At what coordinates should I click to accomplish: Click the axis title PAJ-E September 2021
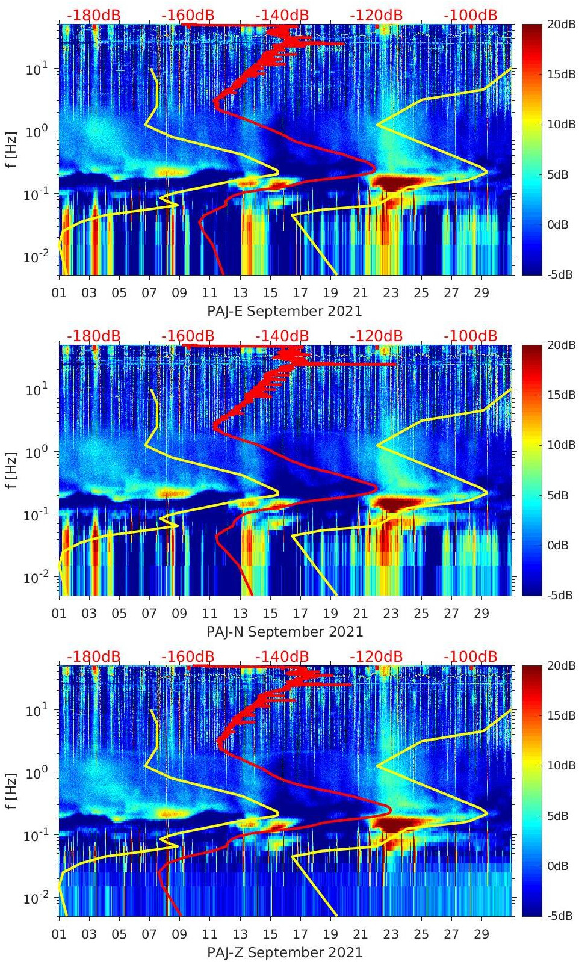[x=285, y=311]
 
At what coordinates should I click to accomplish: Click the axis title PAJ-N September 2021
[x=285, y=632]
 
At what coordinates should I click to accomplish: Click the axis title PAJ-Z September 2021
[x=285, y=952]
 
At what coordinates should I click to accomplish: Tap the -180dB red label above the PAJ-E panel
[x=93, y=15]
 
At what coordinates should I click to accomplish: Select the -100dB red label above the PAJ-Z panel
[x=470, y=656]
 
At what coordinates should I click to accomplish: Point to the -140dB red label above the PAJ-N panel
[x=282, y=336]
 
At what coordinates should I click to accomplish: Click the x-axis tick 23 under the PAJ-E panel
[x=391, y=293]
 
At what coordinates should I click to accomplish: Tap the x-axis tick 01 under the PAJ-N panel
[x=59, y=614]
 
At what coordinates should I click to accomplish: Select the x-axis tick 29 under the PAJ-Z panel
[x=481, y=934]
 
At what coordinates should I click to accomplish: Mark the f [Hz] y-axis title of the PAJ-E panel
[x=10, y=150]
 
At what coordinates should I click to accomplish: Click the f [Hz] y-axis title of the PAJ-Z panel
[x=10, y=791]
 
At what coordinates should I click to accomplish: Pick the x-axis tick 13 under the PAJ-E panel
[x=240, y=293]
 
